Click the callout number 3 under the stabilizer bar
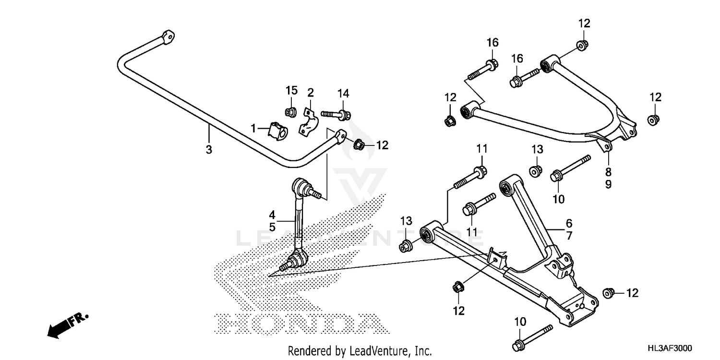click(209, 150)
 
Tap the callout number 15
click(292, 91)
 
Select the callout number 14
click(343, 93)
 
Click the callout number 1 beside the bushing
click(253, 128)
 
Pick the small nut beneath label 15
click(290, 112)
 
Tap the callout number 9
click(608, 184)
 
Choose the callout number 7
click(569, 236)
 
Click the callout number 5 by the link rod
click(272, 227)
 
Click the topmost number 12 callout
click(584, 24)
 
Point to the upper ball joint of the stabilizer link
click(299, 186)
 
